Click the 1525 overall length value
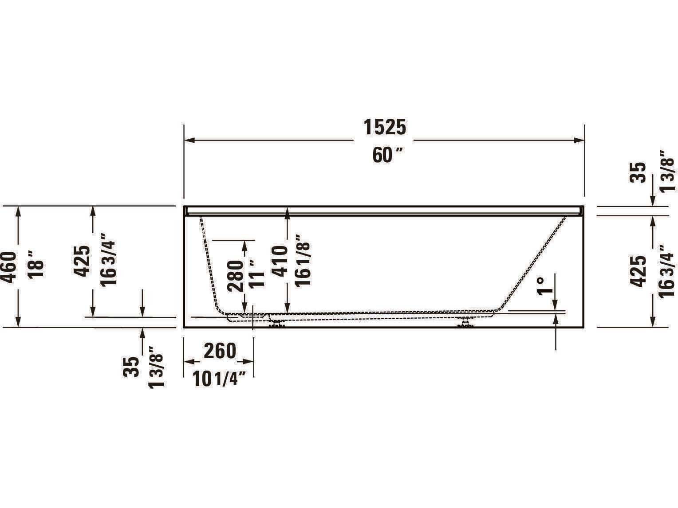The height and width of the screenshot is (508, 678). (385, 128)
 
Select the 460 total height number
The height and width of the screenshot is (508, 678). (9, 267)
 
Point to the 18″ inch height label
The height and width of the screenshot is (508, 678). (36, 264)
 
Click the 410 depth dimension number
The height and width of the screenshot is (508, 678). (280, 262)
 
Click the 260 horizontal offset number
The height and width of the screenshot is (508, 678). (220, 351)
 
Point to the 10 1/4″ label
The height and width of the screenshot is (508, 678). (220, 379)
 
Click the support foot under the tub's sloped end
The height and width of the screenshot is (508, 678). (465, 323)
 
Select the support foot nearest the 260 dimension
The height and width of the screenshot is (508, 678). (277, 323)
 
